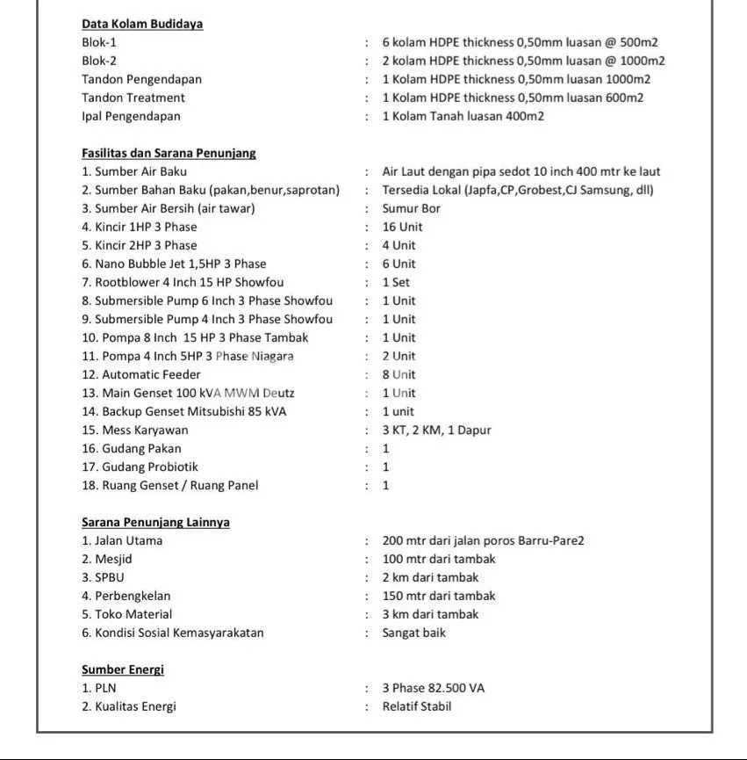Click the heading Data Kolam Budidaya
tap(142, 24)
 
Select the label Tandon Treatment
tap(133, 98)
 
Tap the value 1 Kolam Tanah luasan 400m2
tap(463, 116)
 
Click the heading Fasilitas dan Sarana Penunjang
tap(169, 153)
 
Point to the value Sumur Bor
tap(411, 208)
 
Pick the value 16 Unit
tap(402, 227)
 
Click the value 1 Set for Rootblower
tap(396, 282)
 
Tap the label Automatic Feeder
tap(141, 374)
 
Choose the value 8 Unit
tap(399, 374)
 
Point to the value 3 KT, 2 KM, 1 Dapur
tap(436, 430)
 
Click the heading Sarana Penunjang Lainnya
tap(155, 522)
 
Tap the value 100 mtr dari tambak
tap(438, 559)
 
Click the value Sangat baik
tap(413, 633)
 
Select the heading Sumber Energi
tap(123, 670)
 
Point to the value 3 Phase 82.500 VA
tap(433, 688)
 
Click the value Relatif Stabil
tap(416, 706)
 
